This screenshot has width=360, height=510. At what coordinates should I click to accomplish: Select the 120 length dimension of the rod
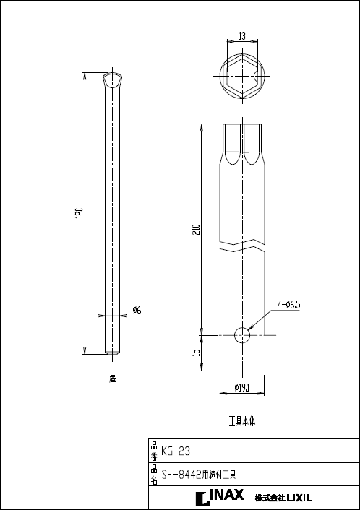click(x=80, y=213)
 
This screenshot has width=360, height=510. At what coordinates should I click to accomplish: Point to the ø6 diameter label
click(x=137, y=310)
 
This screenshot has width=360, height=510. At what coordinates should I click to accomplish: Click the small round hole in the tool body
click(x=242, y=336)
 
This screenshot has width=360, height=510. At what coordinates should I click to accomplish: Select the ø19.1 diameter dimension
click(x=242, y=388)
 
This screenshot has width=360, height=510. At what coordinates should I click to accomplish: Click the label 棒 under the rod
click(x=112, y=378)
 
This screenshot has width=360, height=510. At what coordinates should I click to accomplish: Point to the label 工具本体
click(x=242, y=420)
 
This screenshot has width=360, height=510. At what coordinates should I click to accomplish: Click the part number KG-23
click(x=176, y=451)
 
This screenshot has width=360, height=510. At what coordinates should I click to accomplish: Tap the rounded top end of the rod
click(x=112, y=79)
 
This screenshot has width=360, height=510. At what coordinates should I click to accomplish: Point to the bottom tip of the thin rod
click(x=112, y=353)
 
